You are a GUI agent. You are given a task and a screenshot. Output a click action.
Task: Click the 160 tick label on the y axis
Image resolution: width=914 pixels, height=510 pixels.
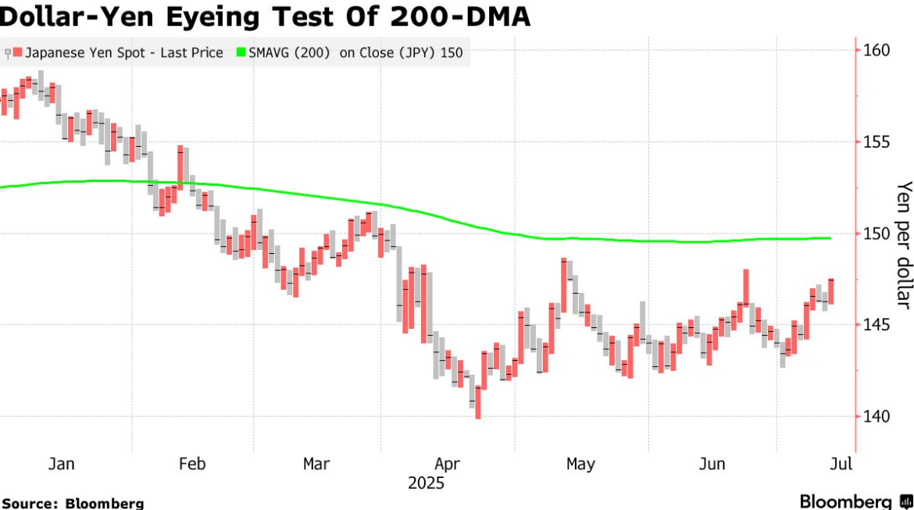(877, 50)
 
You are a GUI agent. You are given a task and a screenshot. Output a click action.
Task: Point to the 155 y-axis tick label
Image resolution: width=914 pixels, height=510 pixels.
(877, 141)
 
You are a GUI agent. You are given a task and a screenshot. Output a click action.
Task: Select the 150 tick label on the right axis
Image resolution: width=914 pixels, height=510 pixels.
(877, 234)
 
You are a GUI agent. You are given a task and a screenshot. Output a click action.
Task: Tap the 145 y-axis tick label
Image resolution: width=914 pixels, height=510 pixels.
(877, 325)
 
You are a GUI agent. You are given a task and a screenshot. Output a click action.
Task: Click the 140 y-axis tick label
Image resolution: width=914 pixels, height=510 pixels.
(877, 417)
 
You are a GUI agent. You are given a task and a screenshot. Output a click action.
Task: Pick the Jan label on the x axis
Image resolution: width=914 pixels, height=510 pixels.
(61, 464)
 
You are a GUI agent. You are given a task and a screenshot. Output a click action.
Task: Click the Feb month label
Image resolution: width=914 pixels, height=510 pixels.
(192, 464)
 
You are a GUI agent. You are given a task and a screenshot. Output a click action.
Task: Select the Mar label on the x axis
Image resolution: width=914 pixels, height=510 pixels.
(316, 464)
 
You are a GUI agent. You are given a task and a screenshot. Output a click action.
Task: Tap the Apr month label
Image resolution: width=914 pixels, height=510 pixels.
(447, 465)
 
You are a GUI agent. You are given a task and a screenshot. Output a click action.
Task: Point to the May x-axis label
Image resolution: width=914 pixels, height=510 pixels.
(580, 465)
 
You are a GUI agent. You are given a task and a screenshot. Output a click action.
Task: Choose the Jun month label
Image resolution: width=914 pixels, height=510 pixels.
(712, 464)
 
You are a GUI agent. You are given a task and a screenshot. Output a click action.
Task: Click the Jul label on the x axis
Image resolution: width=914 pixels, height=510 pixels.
(841, 464)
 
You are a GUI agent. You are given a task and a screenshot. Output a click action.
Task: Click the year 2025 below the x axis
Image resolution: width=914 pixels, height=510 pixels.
(426, 483)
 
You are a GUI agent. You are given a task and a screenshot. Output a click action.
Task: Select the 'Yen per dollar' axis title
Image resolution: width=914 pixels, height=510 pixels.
(904, 244)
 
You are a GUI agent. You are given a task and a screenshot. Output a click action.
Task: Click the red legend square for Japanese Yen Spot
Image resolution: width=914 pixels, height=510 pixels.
(17, 52)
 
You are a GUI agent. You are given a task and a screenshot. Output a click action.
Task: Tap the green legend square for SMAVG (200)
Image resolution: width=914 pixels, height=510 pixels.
(241, 52)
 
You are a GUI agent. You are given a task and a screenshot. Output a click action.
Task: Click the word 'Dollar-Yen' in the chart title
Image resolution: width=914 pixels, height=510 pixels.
(78, 17)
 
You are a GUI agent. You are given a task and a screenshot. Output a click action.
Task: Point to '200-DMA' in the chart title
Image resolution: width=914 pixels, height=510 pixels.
(460, 16)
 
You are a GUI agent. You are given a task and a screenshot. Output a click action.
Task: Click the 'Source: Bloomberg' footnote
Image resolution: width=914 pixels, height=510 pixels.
(73, 503)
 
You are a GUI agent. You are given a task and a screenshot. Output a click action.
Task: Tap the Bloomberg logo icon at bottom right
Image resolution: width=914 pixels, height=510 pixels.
(906, 501)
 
